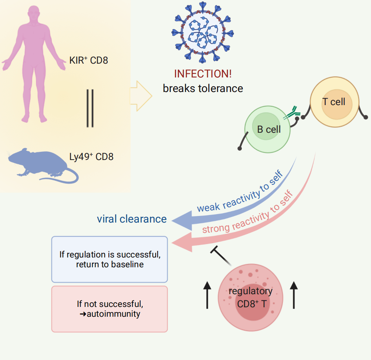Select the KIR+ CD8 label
[x=88, y=60]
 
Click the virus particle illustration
[x=201, y=33]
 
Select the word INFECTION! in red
[x=203, y=74]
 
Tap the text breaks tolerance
[x=203, y=88]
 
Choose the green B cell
[x=268, y=129]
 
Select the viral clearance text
[x=132, y=219]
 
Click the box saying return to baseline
[x=110, y=259]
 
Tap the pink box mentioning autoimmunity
[x=110, y=309]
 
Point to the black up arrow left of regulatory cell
[x=208, y=296]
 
